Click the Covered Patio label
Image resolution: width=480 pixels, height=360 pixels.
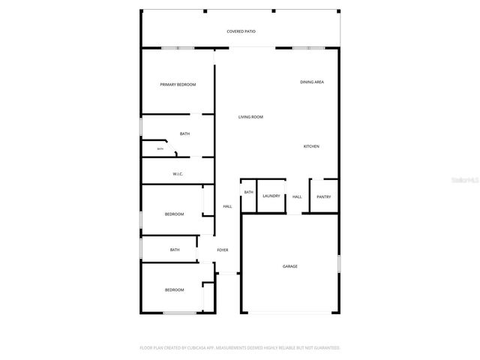[x=241, y=31]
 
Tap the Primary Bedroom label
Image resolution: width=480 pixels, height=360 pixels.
[x=178, y=85]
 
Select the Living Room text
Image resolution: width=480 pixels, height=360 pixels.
[x=250, y=117]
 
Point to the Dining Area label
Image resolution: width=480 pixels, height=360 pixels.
[x=311, y=82]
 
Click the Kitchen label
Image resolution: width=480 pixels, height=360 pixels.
[x=311, y=146]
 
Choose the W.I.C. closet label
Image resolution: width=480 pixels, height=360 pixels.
[x=178, y=174]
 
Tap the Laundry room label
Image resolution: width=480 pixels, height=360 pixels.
[x=271, y=196]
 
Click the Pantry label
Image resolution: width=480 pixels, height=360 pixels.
[x=323, y=197]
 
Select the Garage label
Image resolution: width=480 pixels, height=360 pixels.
[x=289, y=266]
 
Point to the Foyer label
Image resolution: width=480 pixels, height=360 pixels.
[x=223, y=250]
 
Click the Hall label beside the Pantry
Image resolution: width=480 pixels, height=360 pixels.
[x=297, y=197]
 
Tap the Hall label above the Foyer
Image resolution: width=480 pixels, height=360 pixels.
[x=227, y=207]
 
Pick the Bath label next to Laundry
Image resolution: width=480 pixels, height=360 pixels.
[x=248, y=193]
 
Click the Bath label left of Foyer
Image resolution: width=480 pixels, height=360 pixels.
[x=175, y=250]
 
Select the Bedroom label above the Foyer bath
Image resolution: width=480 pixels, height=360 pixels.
[x=174, y=214]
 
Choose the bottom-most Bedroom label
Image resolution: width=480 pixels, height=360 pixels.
[x=174, y=290]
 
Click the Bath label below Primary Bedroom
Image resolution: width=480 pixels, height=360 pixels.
[x=184, y=134]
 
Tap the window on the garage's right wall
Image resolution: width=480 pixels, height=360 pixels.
[x=339, y=265]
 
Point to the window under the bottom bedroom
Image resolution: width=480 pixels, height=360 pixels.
[x=179, y=313]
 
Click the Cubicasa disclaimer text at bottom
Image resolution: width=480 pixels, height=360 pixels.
[x=240, y=348]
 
